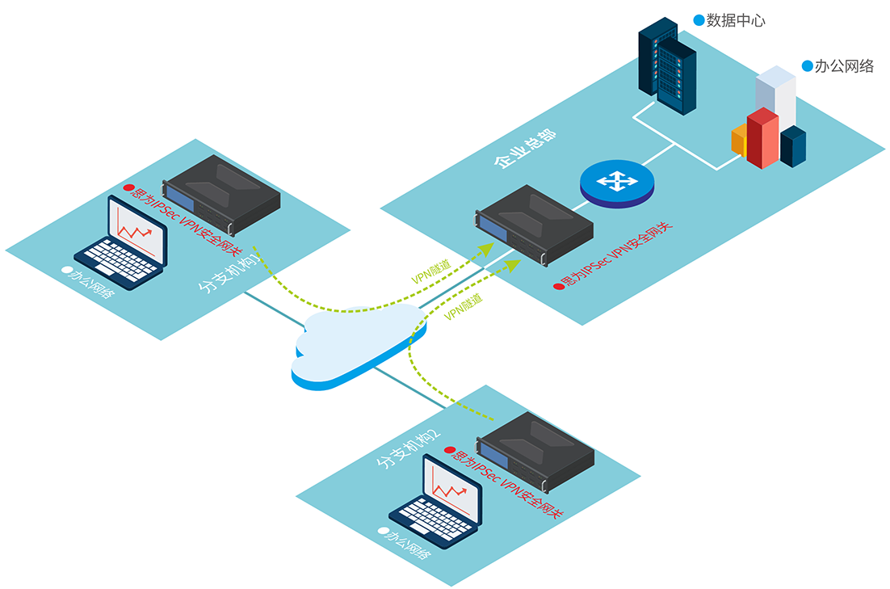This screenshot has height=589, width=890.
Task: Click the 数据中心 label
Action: click(736, 20)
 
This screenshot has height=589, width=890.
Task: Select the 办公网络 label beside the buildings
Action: click(844, 66)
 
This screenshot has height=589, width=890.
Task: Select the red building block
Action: click(762, 137)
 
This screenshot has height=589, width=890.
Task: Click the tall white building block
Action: click(776, 93)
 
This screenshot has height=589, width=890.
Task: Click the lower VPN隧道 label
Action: click(464, 308)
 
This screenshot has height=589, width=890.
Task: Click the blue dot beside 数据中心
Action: click(698, 19)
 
